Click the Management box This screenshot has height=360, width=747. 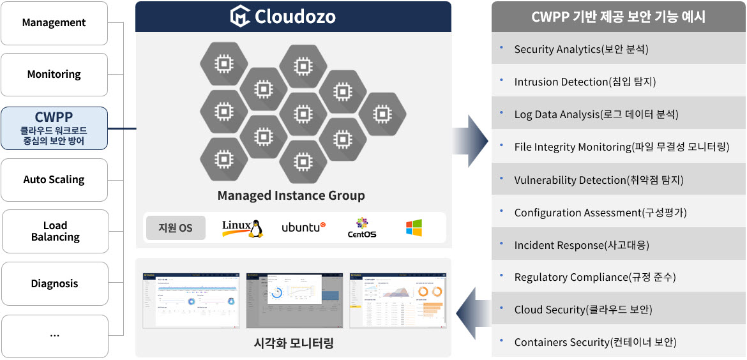pyautogui.click(x=54, y=23)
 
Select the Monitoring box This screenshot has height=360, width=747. pyautogui.click(x=54, y=75)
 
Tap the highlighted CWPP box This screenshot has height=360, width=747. pyautogui.click(x=54, y=128)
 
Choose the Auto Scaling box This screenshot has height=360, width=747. pyautogui.click(x=54, y=180)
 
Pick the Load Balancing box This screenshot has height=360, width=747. pyautogui.click(x=56, y=231)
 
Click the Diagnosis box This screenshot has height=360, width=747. pyautogui.click(x=54, y=283)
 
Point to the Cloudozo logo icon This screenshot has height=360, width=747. pyautogui.click(x=241, y=17)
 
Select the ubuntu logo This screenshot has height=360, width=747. pyautogui.click(x=303, y=227)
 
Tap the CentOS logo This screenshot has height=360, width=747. pyautogui.click(x=362, y=228)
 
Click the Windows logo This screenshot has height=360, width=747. pyautogui.click(x=414, y=228)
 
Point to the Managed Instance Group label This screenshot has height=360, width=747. pyautogui.click(x=291, y=195)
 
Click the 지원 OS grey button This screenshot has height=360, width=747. pyautogui.click(x=176, y=228)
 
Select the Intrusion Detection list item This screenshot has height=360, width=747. pyautogui.click(x=585, y=82)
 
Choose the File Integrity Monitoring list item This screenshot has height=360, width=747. pyautogui.click(x=621, y=147)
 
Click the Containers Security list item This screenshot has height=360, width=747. pyautogui.click(x=595, y=342)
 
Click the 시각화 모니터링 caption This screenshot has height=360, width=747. pyautogui.click(x=293, y=343)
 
